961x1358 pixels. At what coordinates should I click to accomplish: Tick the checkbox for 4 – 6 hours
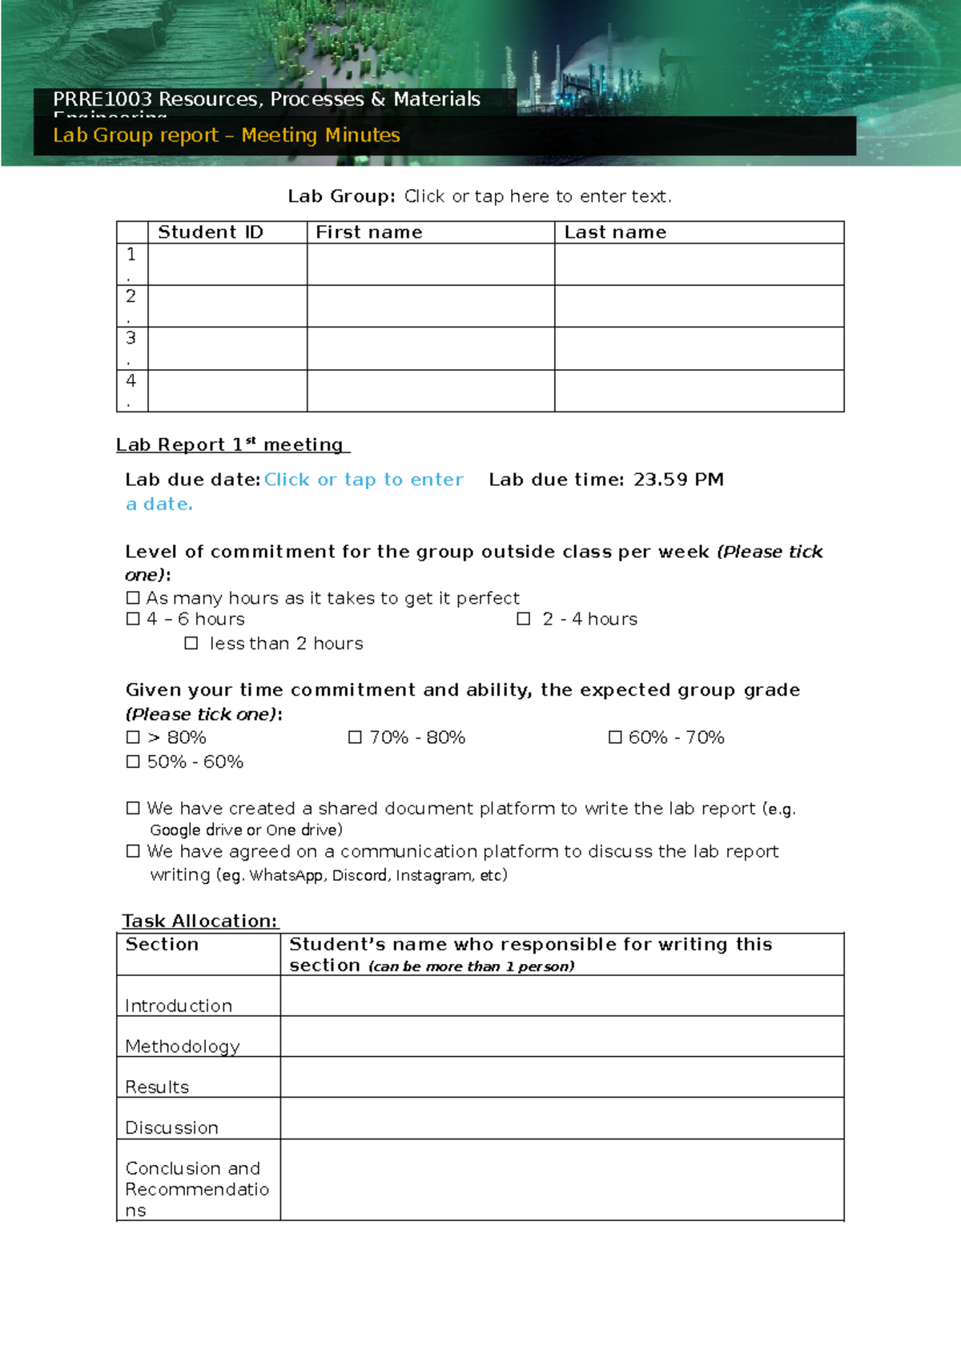(x=133, y=619)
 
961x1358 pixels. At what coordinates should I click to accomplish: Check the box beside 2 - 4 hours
(x=524, y=619)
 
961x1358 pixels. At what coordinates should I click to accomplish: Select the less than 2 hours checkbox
(x=191, y=643)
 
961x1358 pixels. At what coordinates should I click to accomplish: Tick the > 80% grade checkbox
(x=133, y=737)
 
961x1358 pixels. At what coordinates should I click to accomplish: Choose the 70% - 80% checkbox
(x=355, y=737)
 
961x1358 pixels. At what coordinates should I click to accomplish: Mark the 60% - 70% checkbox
(x=615, y=737)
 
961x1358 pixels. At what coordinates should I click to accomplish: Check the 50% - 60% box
(x=133, y=761)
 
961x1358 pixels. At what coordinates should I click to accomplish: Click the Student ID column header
(x=211, y=232)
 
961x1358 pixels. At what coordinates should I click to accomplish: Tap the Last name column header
(x=615, y=232)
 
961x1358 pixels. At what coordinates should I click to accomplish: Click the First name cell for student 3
(x=431, y=348)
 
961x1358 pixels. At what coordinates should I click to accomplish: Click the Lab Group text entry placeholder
(x=537, y=196)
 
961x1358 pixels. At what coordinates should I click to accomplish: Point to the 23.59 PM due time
(x=678, y=480)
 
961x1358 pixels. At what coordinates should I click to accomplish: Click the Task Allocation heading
(x=199, y=921)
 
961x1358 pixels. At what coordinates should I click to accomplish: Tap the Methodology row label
(x=183, y=1046)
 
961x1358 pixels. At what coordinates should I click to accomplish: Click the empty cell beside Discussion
(x=561, y=1118)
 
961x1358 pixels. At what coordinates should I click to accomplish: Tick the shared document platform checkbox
(x=133, y=809)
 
